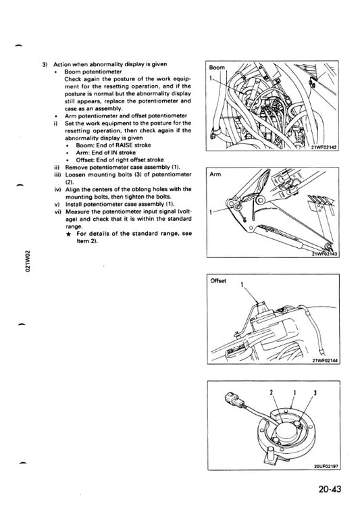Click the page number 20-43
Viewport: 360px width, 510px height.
click(330, 489)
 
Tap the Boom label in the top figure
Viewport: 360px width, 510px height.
click(217, 68)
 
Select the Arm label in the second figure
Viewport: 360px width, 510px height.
click(215, 174)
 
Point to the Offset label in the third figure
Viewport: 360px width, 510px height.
click(218, 281)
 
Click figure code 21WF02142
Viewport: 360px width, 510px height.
click(324, 147)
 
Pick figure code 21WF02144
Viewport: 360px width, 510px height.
click(326, 361)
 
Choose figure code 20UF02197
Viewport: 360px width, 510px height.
click(326, 466)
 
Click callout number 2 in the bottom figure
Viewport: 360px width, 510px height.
click(271, 392)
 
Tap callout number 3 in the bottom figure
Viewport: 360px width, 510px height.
click(315, 392)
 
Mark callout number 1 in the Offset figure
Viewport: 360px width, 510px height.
click(242, 285)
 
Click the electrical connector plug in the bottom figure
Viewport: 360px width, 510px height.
click(234, 400)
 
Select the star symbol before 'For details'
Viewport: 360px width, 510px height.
click(69, 234)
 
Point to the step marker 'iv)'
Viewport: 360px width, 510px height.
click(57, 190)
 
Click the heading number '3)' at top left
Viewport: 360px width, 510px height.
click(45, 64)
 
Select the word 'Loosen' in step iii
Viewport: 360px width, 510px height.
click(75, 175)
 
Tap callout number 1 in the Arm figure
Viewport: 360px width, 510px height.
click(211, 213)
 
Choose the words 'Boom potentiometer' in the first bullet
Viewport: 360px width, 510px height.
click(93, 72)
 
